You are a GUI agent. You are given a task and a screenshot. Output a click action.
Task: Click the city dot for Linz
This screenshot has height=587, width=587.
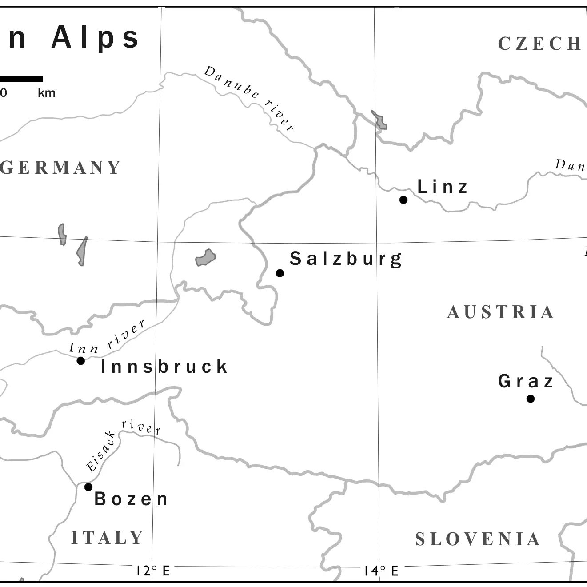(x=403, y=200)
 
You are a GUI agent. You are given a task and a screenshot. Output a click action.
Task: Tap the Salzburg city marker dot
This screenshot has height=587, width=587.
(x=280, y=273)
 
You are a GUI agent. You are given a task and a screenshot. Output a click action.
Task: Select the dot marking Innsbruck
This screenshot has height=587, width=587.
(x=81, y=361)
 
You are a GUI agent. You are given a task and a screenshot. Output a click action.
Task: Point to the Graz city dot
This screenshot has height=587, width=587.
(x=531, y=399)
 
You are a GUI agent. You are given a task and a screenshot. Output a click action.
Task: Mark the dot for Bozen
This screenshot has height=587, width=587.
(x=88, y=487)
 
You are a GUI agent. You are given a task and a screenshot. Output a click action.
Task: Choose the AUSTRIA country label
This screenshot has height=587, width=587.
(x=501, y=312)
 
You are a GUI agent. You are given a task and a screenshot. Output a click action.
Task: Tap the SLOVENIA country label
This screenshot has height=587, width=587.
(x=478, y=539)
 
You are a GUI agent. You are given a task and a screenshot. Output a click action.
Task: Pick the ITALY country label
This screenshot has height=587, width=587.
(x=107, y=538)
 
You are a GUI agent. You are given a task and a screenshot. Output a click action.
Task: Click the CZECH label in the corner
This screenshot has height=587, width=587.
(x=539, y=44)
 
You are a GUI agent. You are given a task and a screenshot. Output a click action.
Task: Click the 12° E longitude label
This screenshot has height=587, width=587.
(x=153, y=571)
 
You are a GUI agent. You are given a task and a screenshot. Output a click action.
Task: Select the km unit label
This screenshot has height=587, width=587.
(x=46, y=93)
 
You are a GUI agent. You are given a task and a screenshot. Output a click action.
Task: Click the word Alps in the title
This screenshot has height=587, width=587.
(x=96, y=37)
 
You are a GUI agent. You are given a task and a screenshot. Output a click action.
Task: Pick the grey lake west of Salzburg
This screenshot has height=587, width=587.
(x=205, y=257)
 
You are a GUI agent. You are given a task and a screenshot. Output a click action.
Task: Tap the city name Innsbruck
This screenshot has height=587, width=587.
(x=164, y=367)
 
